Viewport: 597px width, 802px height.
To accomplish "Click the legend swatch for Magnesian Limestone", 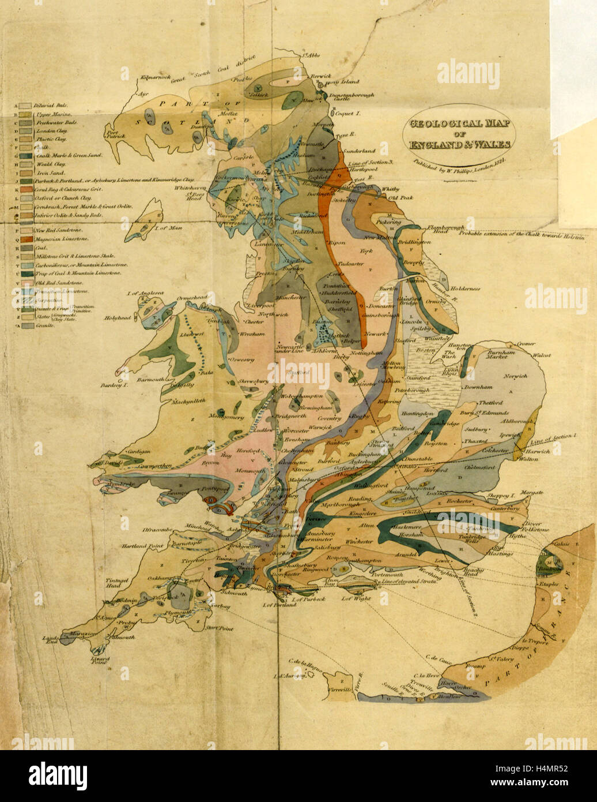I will click(x=25, y=238).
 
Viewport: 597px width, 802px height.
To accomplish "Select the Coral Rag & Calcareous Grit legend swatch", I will click(x=25, y=189).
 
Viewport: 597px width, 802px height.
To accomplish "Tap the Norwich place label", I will click(x=514, y=376).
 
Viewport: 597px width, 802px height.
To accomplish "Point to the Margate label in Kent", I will click(x=531, y=493).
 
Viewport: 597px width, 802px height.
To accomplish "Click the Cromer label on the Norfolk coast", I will click(x=526, y=343).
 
